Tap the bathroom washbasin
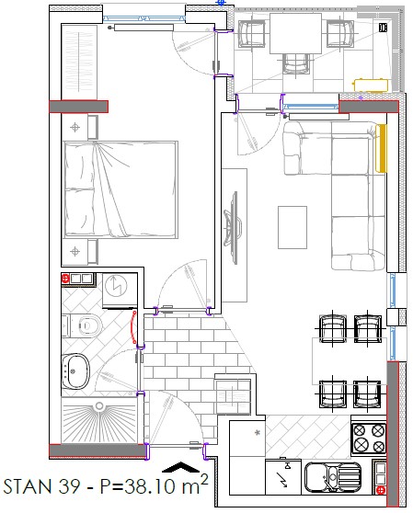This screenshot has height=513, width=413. click(x=75, y=371)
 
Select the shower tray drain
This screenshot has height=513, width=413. click(x=98, y=406)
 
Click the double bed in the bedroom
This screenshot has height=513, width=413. click(x=121, y=189)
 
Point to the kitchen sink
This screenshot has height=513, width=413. click(x=333, y=477)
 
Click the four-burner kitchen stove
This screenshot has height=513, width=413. click(x=369, y=438)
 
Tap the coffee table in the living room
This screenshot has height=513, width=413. click(x=293, y=227)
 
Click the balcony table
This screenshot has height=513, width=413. click(x=295, y=33)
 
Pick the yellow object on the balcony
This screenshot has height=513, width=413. click(x=370, y=85)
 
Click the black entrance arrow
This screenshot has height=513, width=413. click(x=180, y=467)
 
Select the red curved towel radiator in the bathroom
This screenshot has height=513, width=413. click(x=133, y=327)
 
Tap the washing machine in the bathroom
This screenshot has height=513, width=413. click(x=120, y=291)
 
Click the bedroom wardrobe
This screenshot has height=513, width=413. click(x=79, y=63)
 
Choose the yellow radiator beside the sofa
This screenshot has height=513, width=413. click(x=381, y=148)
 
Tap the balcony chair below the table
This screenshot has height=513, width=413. click(x=296, y=63)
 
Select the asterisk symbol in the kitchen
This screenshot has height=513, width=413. click(x=258, y=432)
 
